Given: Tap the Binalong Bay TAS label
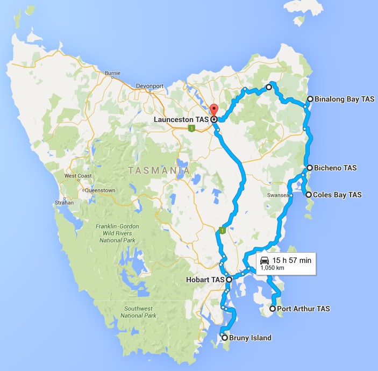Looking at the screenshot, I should (344, 99).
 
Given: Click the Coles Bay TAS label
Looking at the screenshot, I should (338, 195).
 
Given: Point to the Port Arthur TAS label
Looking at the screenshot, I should (303, 309).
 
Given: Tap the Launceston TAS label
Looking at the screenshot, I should (182, 119).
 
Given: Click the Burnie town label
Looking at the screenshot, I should (112, 73).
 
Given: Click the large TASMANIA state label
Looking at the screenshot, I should (159, 170).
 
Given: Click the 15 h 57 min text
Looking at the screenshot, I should (292, 260).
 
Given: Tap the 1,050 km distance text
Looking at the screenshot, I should (272, 267).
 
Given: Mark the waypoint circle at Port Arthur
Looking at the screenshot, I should (272, 309).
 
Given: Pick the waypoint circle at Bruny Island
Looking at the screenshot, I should (224, 338).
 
